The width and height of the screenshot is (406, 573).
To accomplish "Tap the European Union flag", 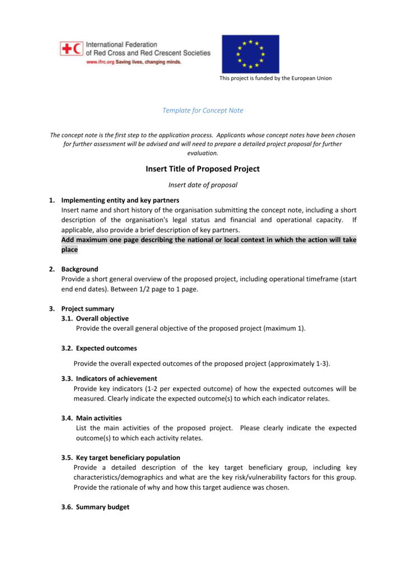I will pyautogui.click(x=250, y=54).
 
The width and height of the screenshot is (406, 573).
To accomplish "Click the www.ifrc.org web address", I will pyautogui.click(x=100, y=62).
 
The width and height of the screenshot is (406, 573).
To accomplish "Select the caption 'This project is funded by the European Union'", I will pyautogui.click(x=275, y=78).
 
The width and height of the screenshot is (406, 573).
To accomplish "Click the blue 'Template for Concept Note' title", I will pyautogui.click(x=203, y=111).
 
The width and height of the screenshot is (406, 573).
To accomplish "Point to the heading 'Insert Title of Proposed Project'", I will pyautogui.click(x=203, y=169).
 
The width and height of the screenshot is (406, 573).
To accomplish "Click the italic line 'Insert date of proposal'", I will pyautogui.click(x=203, y=185).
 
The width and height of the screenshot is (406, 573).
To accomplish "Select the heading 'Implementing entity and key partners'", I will pyautogui.click(x=120, y=200).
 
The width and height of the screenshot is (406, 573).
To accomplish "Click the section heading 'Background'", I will pyautogui.click(x=80, y=269).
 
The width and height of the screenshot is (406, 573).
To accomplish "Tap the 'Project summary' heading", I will pyautogui.click(x=88, y=309).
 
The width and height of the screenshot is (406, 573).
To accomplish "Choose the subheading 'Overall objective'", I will pyautogui.click(x=102, y=318).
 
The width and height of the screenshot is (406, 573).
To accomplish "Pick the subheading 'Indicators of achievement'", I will pyautogui.click(x=116, y=378).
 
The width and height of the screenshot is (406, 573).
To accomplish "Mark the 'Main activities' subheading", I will pyautogui.click(x=99, y=418).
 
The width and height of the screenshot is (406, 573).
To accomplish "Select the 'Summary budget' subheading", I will pyautogui.click(x=102, y=507).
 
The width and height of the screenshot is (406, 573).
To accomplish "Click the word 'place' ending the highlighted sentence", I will pyautogui.click(x=69, y=250).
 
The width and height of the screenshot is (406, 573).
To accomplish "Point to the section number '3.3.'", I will pyautogui.click(x=67, y=378).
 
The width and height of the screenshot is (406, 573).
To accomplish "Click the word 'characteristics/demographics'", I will pyautogui.click(x=119, y=477).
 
